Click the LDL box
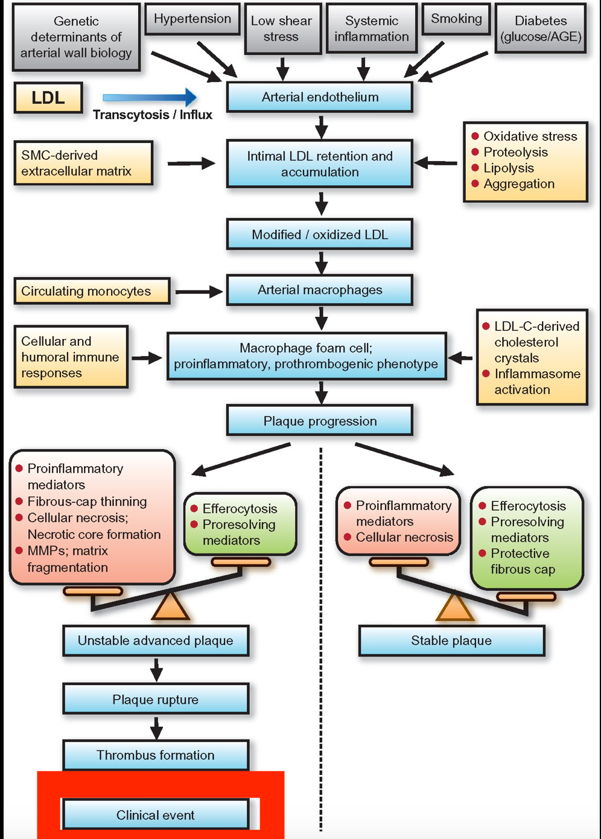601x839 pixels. coord(48,98)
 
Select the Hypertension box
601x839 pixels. coord(192,19)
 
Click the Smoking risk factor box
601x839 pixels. coord(456,19)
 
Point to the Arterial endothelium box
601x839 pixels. coord(320,97)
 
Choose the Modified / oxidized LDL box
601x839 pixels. coord(320,235)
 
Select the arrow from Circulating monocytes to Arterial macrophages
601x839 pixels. coord(199,292)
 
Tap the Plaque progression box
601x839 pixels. coord(320,421)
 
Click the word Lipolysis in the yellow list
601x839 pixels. coord(509,168)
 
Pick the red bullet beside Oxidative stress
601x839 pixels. coord(475,136)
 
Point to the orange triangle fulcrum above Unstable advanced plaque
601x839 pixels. coord(171,607)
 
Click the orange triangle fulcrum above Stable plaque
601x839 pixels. coord(454,608)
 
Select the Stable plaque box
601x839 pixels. coord(451,640)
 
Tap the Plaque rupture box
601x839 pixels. coord(156,700)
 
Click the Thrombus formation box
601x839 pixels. coord(156,755)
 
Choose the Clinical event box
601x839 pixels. coord(156,815)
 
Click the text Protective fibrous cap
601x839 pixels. coord(523,561)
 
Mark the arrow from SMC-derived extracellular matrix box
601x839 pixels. coord(191,163)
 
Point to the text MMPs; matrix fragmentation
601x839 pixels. coord(68,559)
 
